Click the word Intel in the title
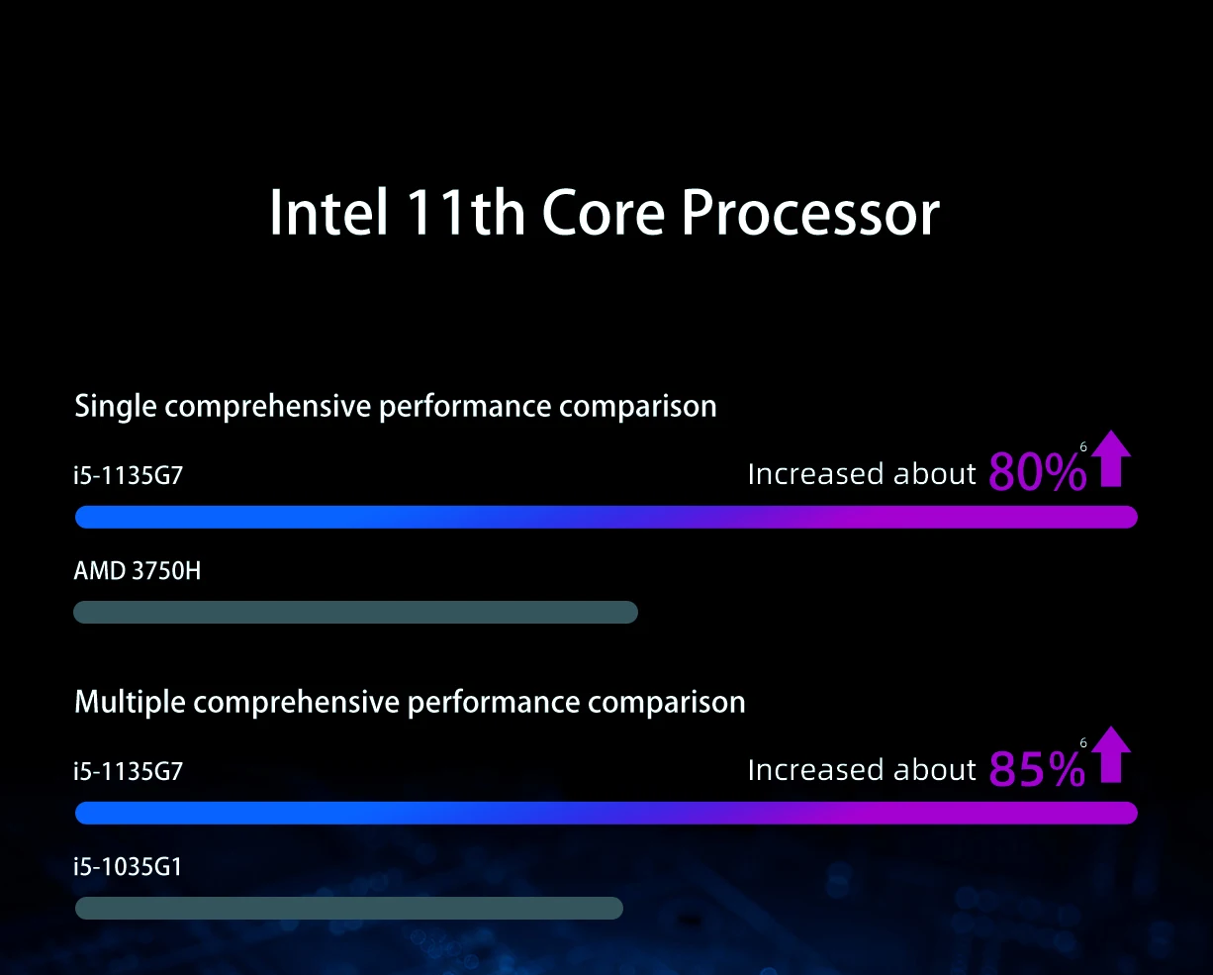click(x=328, y=212)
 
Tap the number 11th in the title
click(x=465, y=212)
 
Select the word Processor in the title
click(x=810, y=212)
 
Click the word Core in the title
click(x=604, y=213)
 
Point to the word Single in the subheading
click(x=116, y=407)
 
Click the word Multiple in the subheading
click(x=130, y=703)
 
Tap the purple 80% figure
click(x=1038, y=472)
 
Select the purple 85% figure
click(x=1038, y=768)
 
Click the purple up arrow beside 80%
click(x=1111, y=458)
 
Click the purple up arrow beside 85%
click(x=1111, y=754)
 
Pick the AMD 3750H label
click(x=137, y=571)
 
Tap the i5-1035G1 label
click(x=128, y=867)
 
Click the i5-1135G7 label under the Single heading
click(x=129, y=475)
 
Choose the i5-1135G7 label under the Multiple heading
click(x=129, y=771)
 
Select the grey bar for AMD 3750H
click(x=355, y=613)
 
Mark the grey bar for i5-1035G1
click(x=349, y=909)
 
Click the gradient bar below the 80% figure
click(x=606, y=517)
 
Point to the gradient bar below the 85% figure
click(x=606, y=813)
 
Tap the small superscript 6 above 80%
click(x=1083, y=447)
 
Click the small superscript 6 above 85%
click(x=1083, y=743)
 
